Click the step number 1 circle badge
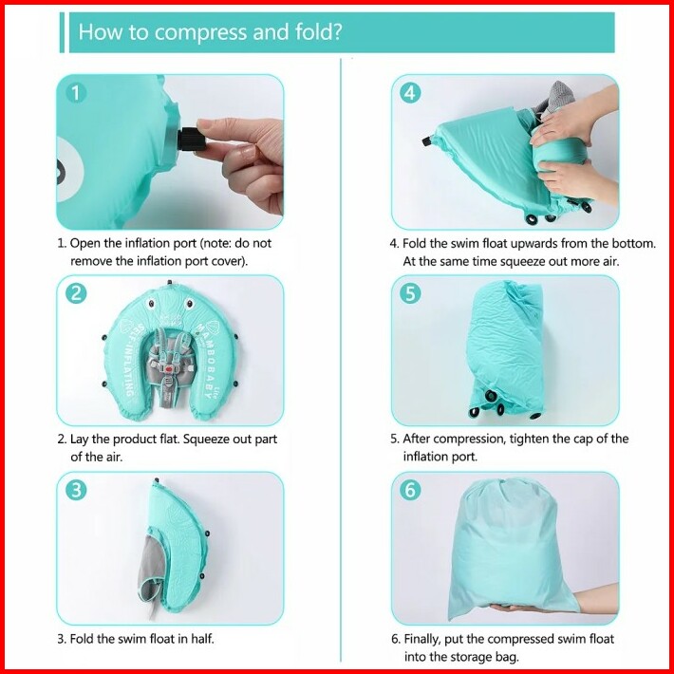(x=76, y=93)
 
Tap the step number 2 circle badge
(x=76, y=293)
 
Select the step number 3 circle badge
(x=76, y=490)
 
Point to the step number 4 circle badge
(x=410, y=93)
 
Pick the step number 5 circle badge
(x=410, y=293)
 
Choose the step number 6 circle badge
(x=410, y=490)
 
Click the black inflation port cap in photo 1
(x=191, y=140)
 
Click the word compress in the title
(x=200, y=32)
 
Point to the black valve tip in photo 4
(x=427, y=141)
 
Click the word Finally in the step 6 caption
(x=422, y=640)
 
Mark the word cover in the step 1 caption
(x=227, y=261)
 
